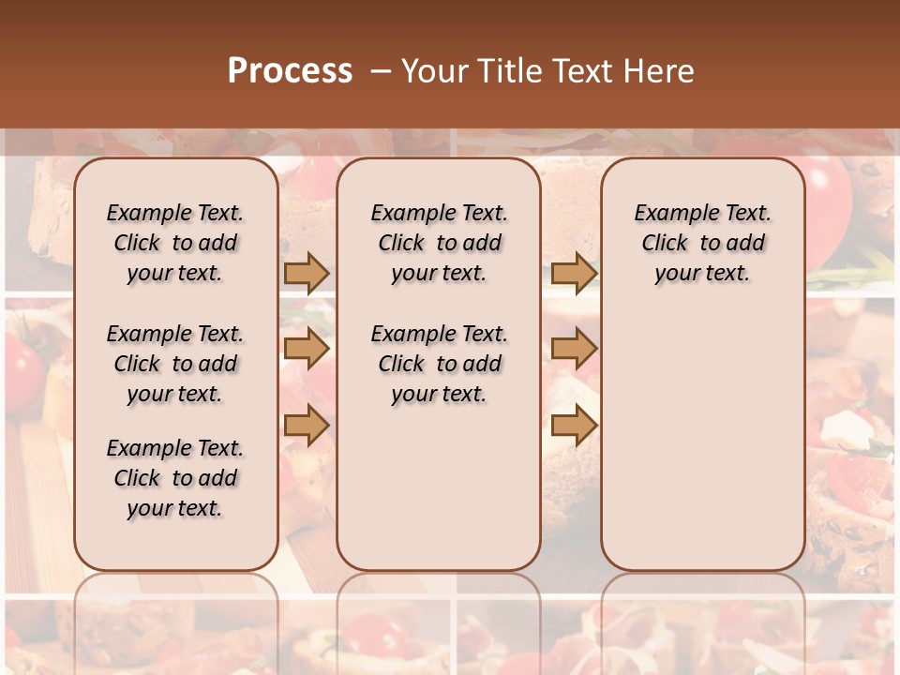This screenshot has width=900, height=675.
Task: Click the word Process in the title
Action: tap(290, 71)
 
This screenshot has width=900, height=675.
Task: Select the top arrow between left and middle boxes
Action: tap(307, 273)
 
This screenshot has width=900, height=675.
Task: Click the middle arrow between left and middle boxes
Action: tap(307, 350)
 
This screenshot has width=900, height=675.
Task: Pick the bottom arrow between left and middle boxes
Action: tap(307, 427)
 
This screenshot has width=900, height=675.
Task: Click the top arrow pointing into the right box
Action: tap(574, 273)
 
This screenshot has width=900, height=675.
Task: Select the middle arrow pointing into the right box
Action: tap(574, 350)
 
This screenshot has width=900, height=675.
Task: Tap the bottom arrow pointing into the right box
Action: tap(574, 427)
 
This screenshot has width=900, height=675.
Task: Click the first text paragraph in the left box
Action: tap(175, 243)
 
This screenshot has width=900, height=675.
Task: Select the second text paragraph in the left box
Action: tap(175, 364)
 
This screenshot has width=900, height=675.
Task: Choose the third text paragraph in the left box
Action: tap(175, 478)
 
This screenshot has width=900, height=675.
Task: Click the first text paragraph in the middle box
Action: tap(439, 243)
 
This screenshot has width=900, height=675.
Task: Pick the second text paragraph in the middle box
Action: tap(439, 364)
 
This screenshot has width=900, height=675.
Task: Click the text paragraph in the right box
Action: tap(702, 243)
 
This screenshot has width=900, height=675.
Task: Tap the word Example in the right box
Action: tap(669, 214)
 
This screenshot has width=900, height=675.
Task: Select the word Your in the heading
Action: tap(437, 71)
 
